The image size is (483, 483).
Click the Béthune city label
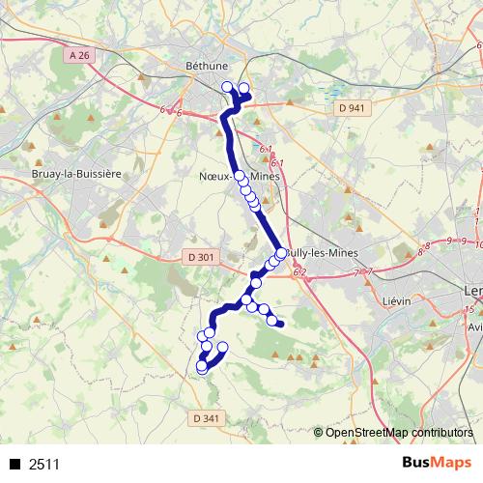pos(206,66)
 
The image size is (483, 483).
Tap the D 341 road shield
pos(206,418)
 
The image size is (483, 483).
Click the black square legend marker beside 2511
pos(14,465)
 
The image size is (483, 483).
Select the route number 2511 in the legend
pos(44,465)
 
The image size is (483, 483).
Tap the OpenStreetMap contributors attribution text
pos(398,433)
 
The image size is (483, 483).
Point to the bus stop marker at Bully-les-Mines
pos(281,253)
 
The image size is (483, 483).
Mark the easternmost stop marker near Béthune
pos(244,89)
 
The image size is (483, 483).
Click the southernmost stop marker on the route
pos(202,368)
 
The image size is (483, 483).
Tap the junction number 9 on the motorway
pos(449,240)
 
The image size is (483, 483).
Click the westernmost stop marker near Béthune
pos(228,87)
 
